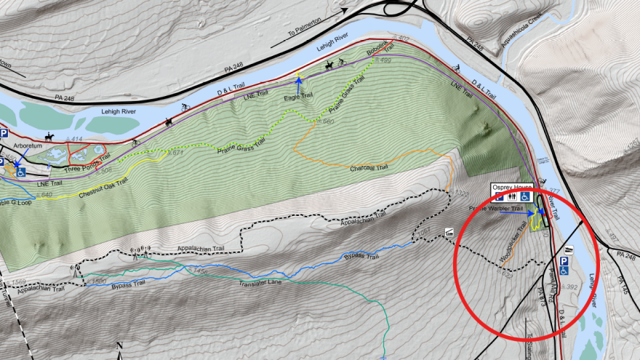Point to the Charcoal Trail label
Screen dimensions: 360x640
pyautogui.click(x=369, y=168)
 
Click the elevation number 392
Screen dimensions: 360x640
pyautogui.click(x=571, y=287)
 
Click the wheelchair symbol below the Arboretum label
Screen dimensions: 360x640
pyautogui.click(x=21, y=173)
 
